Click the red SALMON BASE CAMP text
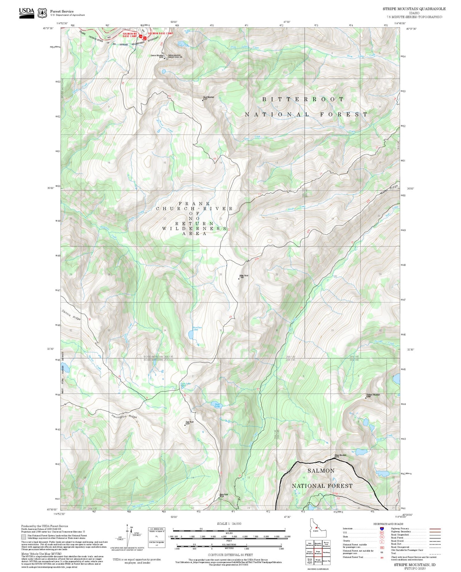tap(160, 33)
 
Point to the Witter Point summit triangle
tap(239, 279)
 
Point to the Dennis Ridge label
tap(71, 315)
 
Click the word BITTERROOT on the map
tap(303, 99)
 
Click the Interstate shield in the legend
tap(382, 528)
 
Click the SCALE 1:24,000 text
tap(229, 523)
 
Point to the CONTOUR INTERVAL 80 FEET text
tap(230, 555)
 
